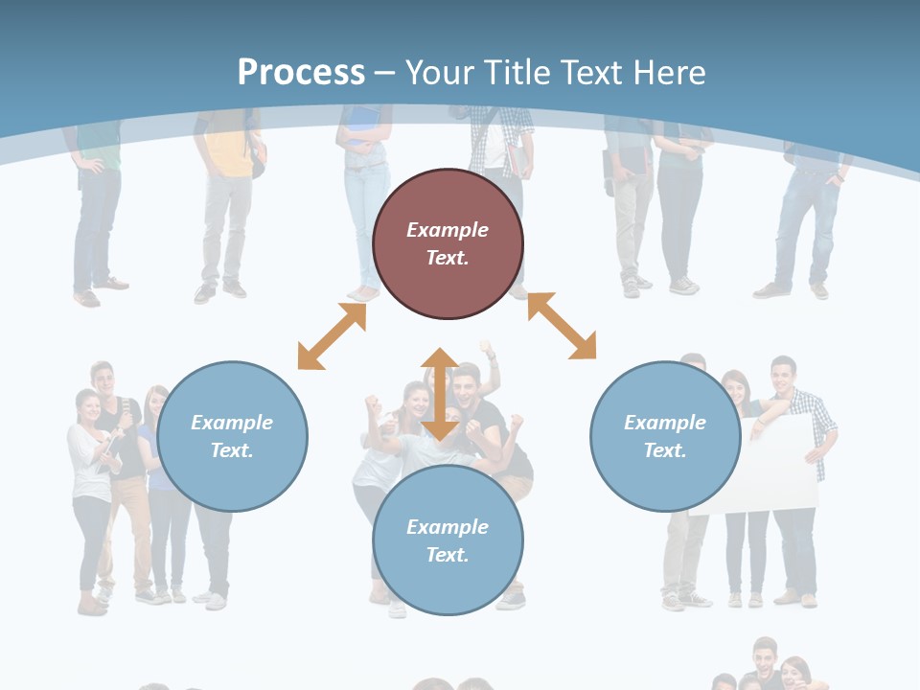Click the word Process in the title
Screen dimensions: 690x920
pyautogui.click(x=301, y=73)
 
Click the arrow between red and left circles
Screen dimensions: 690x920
pyautogui.click(x=332, y=336)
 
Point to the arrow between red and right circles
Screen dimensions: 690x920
pyautogui.click(x=562, y=326)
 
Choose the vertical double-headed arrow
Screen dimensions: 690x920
pyautogui.click(x=440, y=393)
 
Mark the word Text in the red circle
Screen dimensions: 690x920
pyautogui.click(x=448, y=258)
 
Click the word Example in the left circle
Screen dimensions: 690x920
pyautogui.click(x=232, y=423)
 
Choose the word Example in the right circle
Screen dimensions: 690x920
pyautogui.click(x=665, y=423)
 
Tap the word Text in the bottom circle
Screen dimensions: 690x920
pyautogui.click(x=448, y=555)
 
